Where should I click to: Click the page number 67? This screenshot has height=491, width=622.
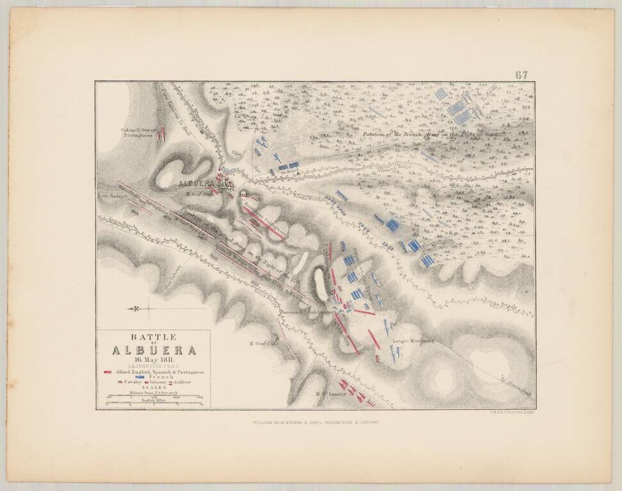click(522, 75)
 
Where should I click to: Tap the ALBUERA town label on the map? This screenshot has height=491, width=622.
click(196, 183)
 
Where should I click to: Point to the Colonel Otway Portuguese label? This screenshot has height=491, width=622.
click(139, 133)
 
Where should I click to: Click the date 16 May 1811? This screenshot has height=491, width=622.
click(153, 360)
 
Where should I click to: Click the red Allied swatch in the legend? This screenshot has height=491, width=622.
click(108, 371)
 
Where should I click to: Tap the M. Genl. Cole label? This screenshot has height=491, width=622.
click(262, 343)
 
